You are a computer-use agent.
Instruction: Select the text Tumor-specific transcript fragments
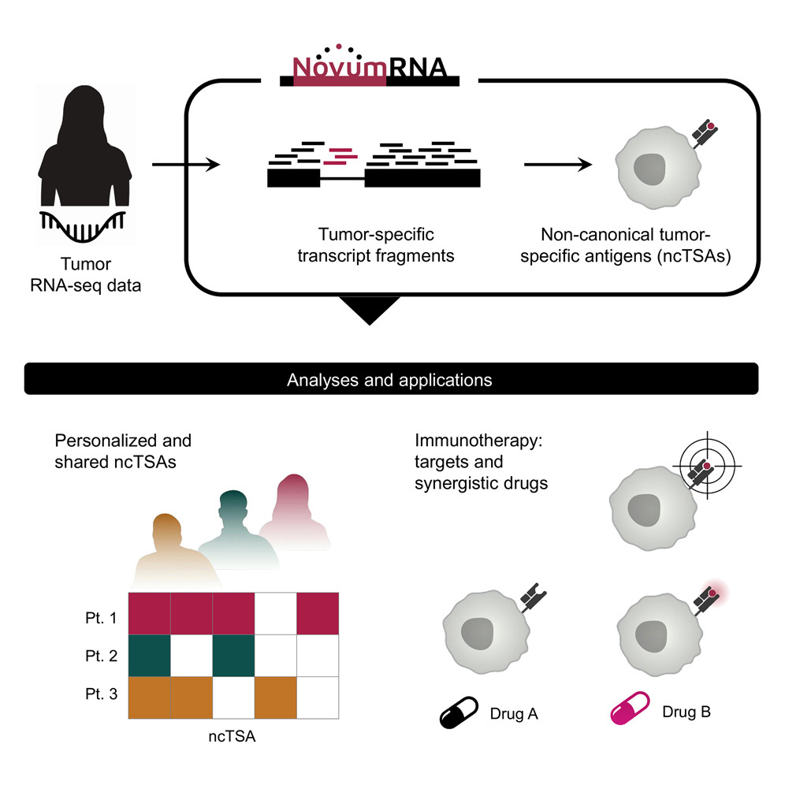(376, 244)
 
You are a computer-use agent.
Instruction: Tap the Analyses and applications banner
(392, 380)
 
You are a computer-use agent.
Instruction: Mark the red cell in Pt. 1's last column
(317, 612)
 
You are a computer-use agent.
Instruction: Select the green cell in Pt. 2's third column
(233, 654)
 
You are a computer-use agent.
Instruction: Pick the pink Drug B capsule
(627, 710)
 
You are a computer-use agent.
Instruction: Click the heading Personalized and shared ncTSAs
(123, 451)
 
